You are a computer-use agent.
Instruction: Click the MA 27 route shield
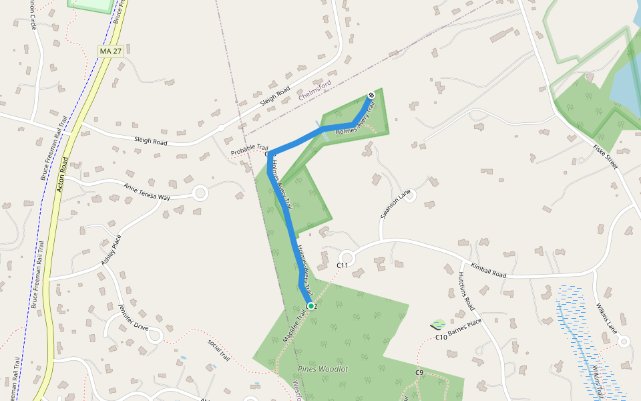tap(111, 51)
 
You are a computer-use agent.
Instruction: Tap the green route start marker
tap(310, 305)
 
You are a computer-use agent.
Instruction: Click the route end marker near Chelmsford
tap(371, 95)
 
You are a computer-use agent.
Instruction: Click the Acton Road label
tap(63, 174)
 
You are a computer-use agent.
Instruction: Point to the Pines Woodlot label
tap(323, 368)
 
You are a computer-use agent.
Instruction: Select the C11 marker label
tap(343, 266)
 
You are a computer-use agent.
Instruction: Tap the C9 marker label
tap(419, 372)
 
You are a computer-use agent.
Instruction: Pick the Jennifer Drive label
tap(133, 317)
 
